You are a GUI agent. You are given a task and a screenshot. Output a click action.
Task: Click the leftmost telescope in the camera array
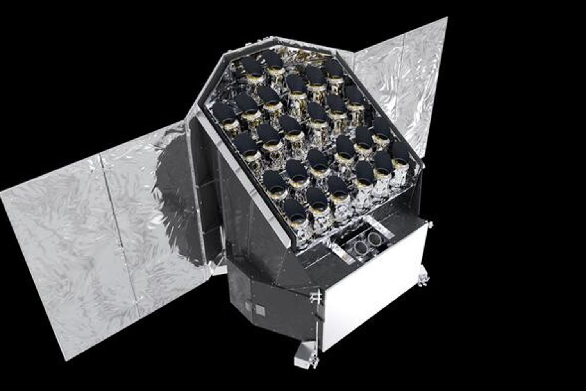coord(223,113)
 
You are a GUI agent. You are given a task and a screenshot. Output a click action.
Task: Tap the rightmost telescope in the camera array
coord(400,154)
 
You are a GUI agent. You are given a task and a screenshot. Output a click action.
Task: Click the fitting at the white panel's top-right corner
coord(429,224)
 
